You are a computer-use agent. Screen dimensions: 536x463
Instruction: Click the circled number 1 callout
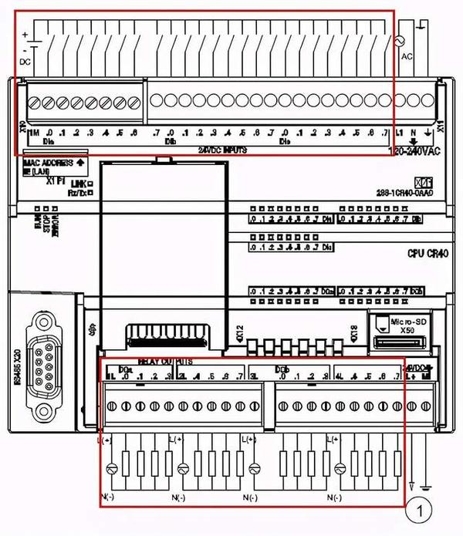(x=421, y=509)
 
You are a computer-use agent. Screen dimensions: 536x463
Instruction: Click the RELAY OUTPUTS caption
(x=165, y=361)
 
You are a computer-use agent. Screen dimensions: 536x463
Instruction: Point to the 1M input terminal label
(x=34, y=133)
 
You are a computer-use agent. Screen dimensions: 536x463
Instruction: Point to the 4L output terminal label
(x=337, y=376)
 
